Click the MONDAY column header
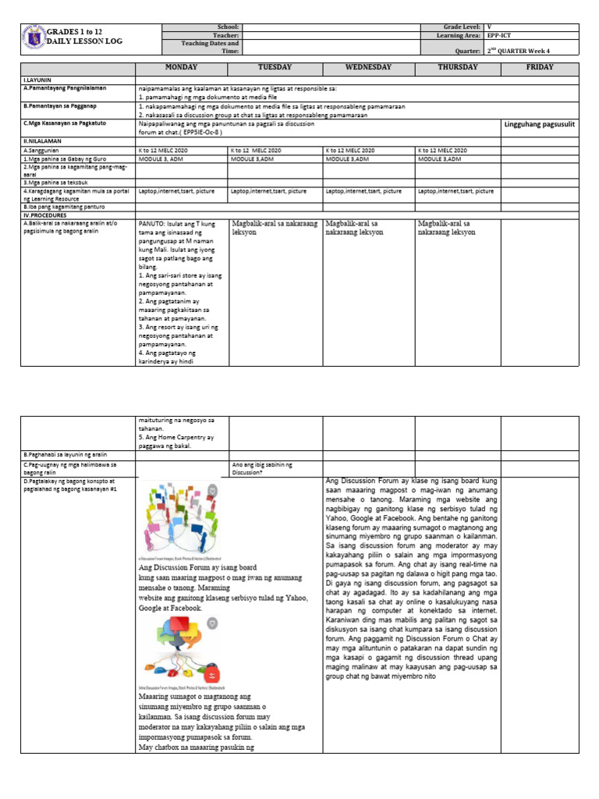181,68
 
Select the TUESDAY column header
275,68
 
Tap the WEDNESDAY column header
368,68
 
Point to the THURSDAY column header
458,68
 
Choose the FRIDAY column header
540,68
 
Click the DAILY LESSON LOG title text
85,41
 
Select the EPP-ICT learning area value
499,36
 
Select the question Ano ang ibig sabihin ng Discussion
262,468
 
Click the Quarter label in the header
467,49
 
